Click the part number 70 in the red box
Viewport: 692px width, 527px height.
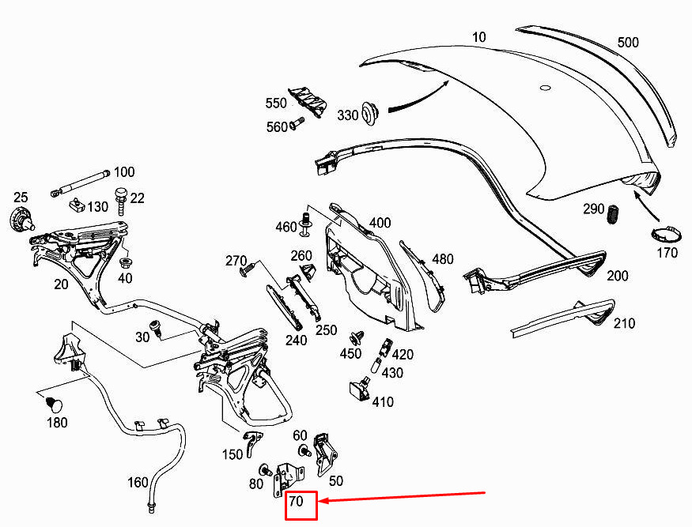pyautogui.click(x=296, y=501)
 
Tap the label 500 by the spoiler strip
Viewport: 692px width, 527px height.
pyautogui.click(x=628, y=43)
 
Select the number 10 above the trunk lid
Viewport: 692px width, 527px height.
pyautogui.click(x=478, y=37)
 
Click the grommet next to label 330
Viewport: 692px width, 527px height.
pyautogui.click(x=369, y=113)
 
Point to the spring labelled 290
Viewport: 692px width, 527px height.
pyautogui.click(x=612, y=214)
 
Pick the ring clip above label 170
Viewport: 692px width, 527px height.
pyautogui.click(x=666, y=234)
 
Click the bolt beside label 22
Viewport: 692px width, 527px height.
pyautogui.click(x=120, y=201)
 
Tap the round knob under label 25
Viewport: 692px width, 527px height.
pyautogui.click(x=21, y=218)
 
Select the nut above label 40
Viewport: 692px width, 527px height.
pyautogui.click(x=126, y=264)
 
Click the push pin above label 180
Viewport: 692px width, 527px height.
pyautogui.click(x=54, y=405)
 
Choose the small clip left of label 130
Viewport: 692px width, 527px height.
pyautogui.click(x=77, y=205)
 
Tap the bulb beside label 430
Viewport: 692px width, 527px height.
pyautogui.click(x=376, y=367)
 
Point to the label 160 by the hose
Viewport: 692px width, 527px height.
pyautogui.click(x=138, y=483)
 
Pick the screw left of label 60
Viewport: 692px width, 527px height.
pyautogui.click(x=304, y=450)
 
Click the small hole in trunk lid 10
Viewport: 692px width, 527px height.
pyautogui.click(x=546, y=88)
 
